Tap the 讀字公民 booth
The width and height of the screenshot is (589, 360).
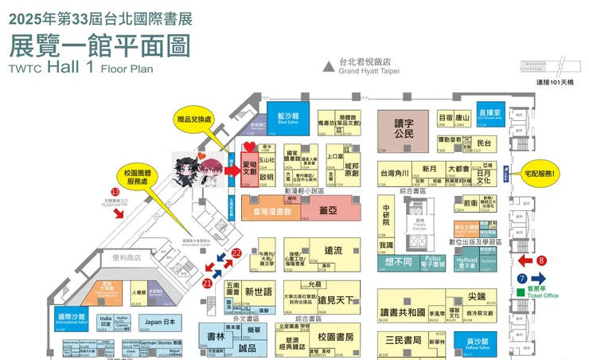pyautogui.click(x=404, y=129)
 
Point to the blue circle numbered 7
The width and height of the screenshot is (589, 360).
pyautogui.click(x=522, y=278)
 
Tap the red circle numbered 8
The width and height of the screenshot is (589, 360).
pyautogui.click(x=542, y=260)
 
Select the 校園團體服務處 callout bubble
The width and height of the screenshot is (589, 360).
pyautogui.click(x=144, y=176)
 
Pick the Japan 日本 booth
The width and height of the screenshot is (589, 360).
pyautogui.click(x=157, y=322)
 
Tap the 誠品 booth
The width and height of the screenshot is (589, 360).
pyautogui.click(x=248, y=348)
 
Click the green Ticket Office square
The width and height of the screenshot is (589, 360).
pyautogui.click(x=521, y=292)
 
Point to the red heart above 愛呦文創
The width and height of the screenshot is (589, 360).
pyautogui.click(x=248, y=147)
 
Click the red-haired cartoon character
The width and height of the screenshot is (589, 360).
pyautogui.click(x=213, y=170)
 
